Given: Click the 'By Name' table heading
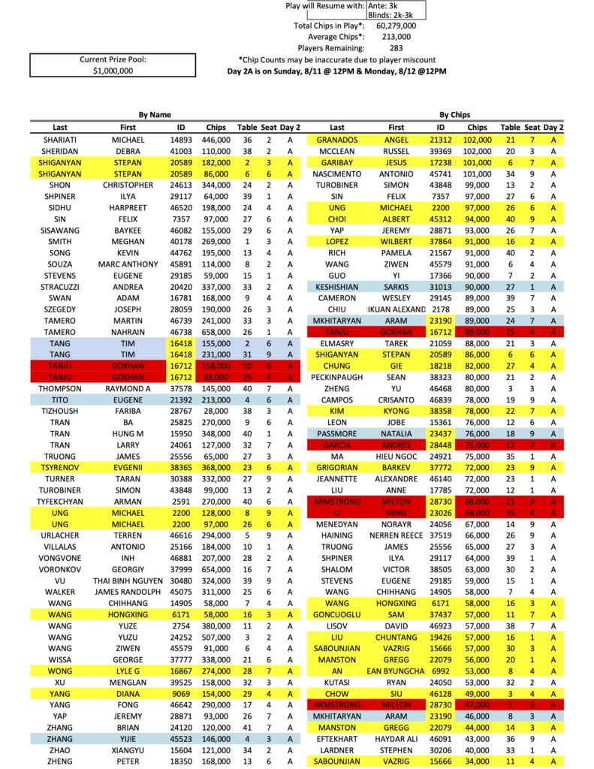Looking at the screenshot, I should click(x=155, y=115).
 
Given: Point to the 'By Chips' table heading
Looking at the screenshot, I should click(x=454, y=115).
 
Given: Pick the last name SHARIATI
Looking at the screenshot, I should click(x=60, y=140).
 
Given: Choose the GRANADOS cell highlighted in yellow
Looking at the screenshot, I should click(x=337, y=140).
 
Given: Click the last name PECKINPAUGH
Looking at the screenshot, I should click(x=337, y=377).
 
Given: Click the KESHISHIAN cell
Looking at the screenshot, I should click(x=337, y=287).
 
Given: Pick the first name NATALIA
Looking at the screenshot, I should click(x=396, y=433).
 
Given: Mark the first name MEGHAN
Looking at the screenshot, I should click(x=128, y=242).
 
